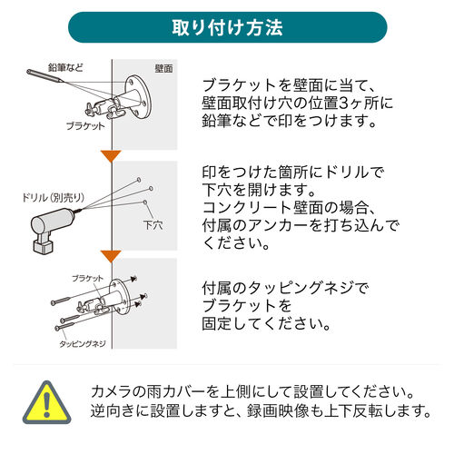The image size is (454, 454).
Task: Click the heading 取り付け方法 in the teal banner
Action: tap(227, 27)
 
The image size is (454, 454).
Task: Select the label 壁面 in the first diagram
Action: tap(164, 68)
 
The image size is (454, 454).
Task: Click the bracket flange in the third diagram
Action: tap(118, 303)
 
